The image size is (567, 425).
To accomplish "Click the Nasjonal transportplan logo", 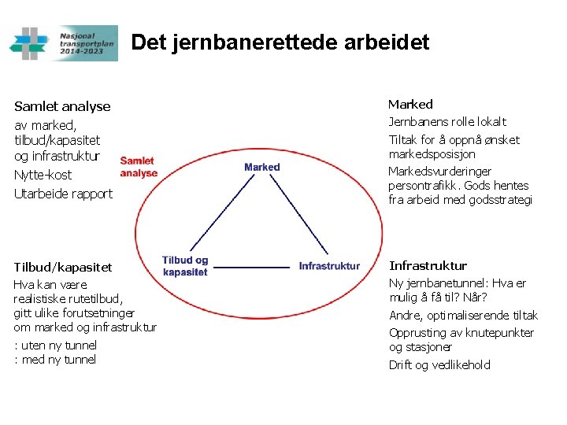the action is (63, 42).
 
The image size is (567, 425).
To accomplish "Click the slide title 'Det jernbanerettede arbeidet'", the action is (280, 42).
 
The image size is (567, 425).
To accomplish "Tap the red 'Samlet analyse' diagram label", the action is (139, 167).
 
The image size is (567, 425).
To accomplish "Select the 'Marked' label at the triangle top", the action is (262, 167).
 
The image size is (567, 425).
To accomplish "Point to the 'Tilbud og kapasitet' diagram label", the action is (185, 266).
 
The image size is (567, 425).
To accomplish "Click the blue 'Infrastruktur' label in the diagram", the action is (329, 266).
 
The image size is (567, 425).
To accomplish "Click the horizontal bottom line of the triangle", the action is (252, 267).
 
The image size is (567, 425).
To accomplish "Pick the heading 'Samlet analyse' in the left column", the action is (62, 106).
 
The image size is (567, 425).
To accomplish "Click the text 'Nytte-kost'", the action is (43, 175).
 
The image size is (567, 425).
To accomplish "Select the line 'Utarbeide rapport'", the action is (63, 194).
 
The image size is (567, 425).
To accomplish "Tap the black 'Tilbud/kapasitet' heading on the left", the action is (63, 268).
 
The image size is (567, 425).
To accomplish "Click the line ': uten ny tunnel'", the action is (55, 345).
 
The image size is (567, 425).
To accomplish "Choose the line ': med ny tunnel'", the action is (55, 360).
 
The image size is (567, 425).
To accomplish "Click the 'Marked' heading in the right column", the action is (410, 104).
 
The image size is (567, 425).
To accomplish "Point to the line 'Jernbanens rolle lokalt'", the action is (447, 122).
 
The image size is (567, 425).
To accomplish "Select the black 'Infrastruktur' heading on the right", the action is (428, 265).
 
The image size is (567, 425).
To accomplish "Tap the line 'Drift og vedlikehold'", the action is (439, 364).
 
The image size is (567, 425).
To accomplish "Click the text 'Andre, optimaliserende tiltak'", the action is (463, 316).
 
